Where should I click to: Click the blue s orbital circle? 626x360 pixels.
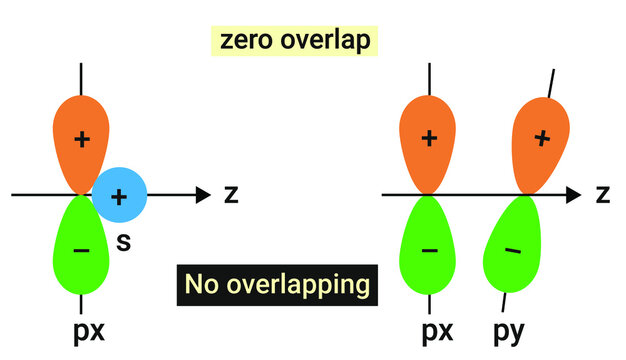120,195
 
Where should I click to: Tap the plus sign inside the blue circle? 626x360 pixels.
120,196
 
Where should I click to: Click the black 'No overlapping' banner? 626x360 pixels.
276,285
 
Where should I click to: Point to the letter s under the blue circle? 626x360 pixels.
125,240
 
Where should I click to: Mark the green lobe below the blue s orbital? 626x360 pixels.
81,245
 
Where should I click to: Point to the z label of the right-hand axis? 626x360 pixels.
602,194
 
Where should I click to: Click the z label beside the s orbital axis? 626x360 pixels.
230,194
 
